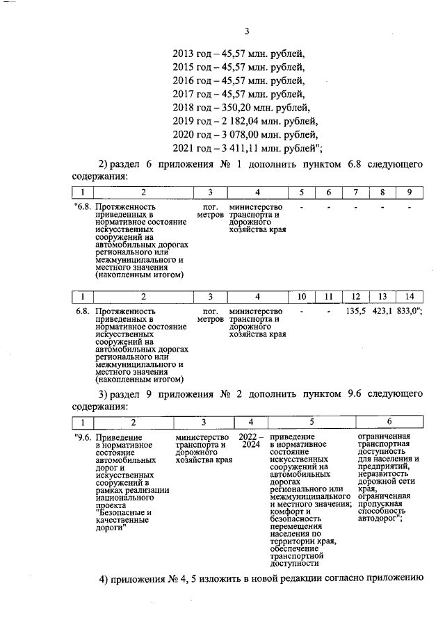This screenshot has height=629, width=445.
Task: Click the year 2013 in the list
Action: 183,54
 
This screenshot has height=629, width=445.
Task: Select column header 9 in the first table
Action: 410,192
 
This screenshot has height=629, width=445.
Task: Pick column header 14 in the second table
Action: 410,297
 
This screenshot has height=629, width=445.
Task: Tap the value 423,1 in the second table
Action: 382,312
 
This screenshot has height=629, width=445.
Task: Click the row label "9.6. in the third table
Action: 83,437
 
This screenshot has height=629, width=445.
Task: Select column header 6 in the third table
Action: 389,422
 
